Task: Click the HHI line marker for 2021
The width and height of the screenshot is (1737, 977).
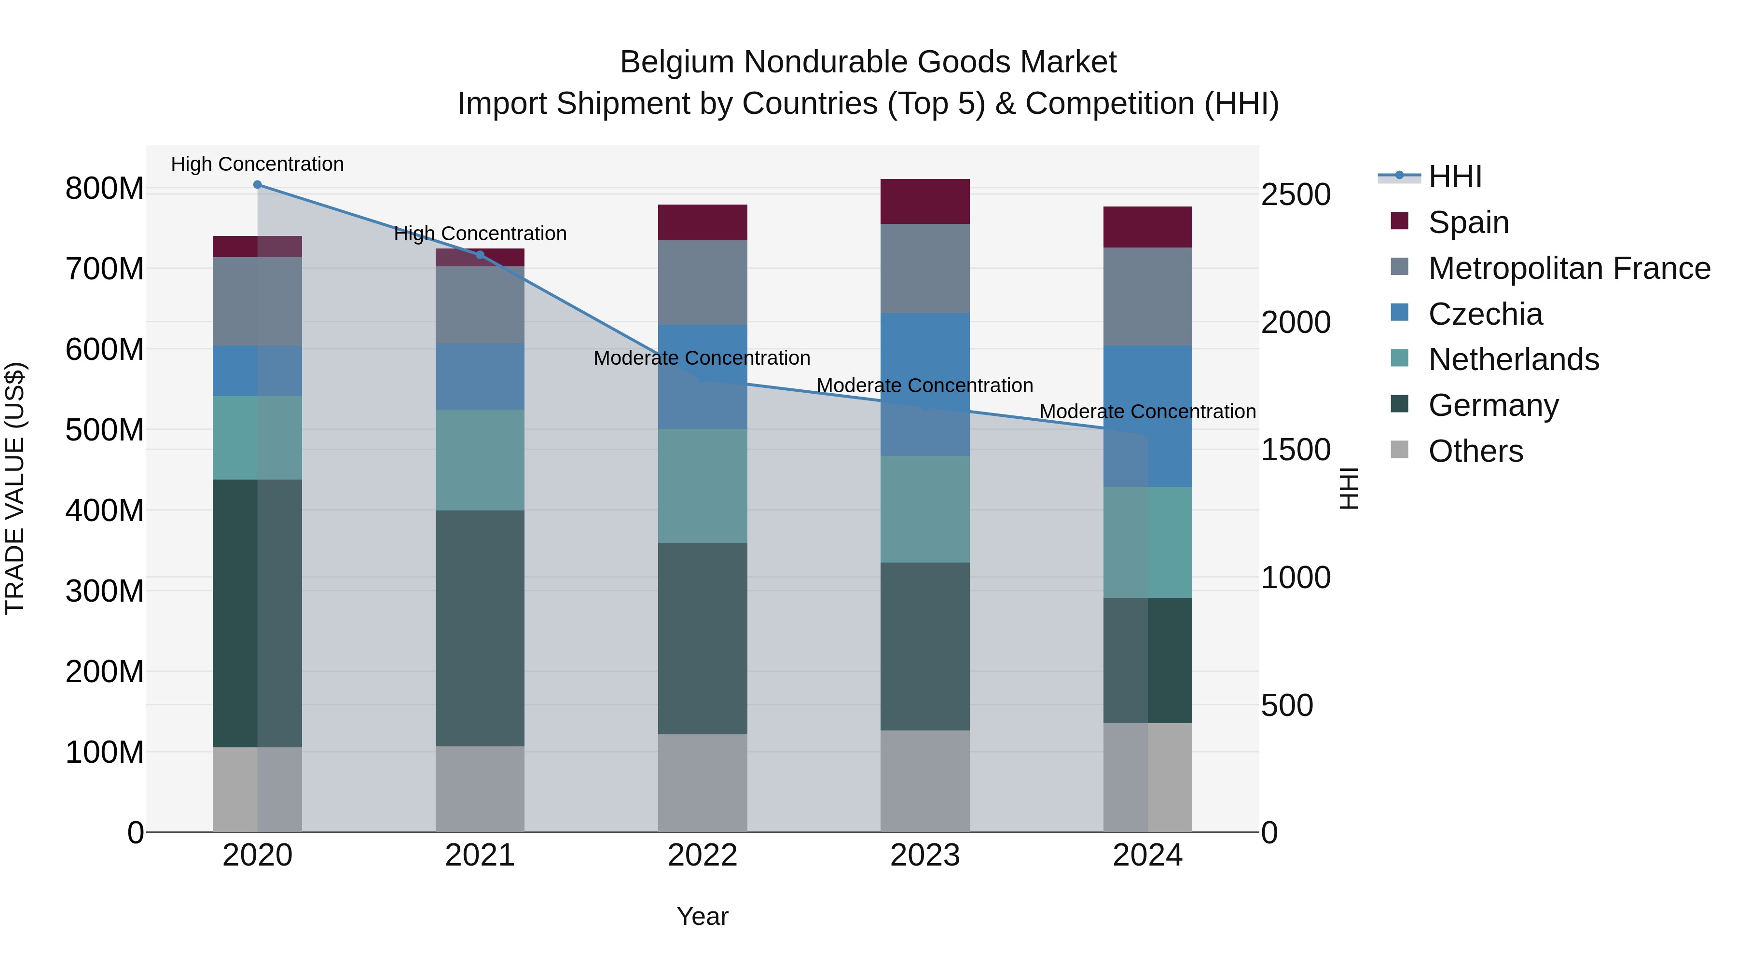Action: tap(480, 255)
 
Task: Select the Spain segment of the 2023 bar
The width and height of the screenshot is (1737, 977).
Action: tap(924, 202)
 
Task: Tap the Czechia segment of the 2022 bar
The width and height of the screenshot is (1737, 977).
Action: tap(702, 376)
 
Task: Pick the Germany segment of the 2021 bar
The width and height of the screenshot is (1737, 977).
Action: tap(480, 628)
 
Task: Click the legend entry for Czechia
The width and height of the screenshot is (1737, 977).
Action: tap(1485, 314)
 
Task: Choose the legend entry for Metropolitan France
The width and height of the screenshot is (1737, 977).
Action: tap(1569, 268)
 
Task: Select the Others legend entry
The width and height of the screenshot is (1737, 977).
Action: tap(1475, 451)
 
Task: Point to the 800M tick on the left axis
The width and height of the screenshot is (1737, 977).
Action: tap(105, 189)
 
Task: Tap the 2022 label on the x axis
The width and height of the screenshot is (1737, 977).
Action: tap(702, 855)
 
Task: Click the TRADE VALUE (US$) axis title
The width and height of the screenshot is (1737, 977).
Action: tap(15, 488)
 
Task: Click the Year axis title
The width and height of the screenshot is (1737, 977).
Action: tap(702, 916)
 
